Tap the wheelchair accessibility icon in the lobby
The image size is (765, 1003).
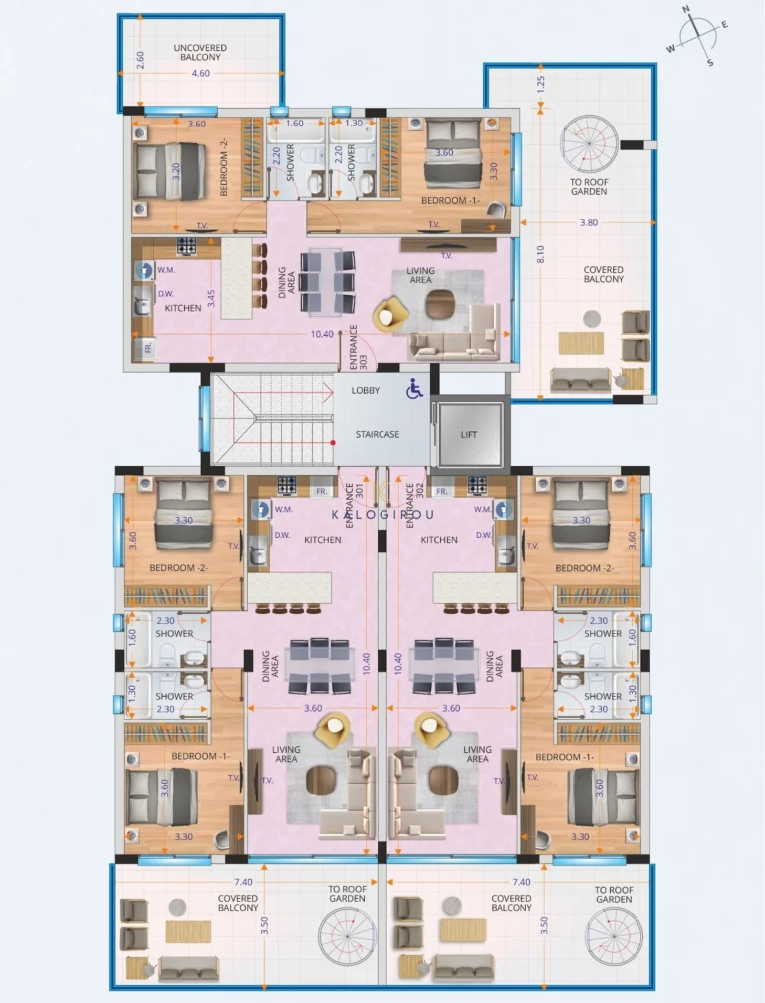tap(414, 390)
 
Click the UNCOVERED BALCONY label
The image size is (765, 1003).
tap(200, 52)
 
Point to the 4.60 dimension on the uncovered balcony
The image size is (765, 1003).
tap(200, 73)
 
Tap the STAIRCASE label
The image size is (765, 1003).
tap(378, 435)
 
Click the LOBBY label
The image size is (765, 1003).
tap(366, 391)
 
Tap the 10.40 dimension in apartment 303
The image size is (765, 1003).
tap(323, 335)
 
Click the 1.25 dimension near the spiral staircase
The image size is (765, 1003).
tap(541, 85)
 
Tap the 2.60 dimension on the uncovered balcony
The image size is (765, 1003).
tap(141, 59)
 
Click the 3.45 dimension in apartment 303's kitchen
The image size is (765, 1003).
tap(211, 298)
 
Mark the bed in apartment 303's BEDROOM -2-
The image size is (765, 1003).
tap(170, 169)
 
